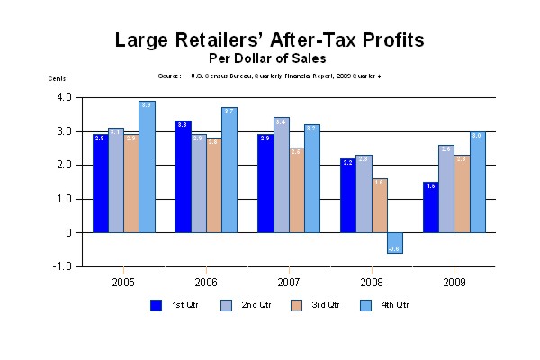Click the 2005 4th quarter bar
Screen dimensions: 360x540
(147, 166)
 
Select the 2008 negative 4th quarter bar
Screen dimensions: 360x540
(395, 243)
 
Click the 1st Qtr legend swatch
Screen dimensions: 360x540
(157, 305)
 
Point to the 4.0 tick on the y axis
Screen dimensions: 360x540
(64, 97)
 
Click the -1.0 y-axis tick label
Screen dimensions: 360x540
(63, 266)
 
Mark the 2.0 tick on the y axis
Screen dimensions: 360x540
(64, 165)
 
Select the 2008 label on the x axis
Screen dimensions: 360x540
(371, 281)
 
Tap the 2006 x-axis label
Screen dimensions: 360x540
(206, 281)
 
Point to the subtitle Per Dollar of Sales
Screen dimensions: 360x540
(270, 58)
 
